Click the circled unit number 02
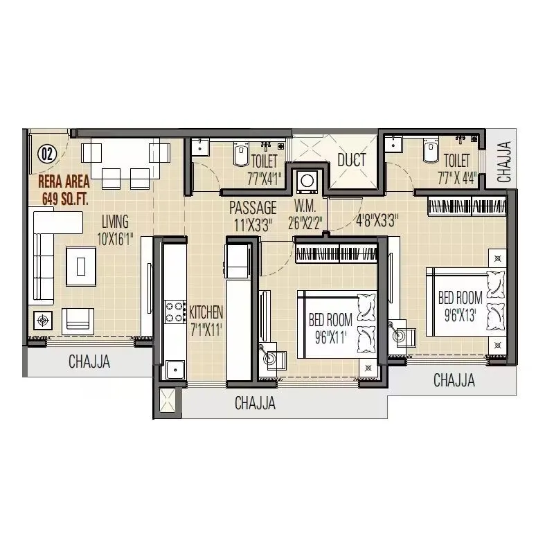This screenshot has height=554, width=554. pos(46,154)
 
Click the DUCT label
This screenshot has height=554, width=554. pos(351,161)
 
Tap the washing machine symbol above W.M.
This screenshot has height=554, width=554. pos(307,181)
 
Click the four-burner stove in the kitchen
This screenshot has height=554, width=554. pos(174,313)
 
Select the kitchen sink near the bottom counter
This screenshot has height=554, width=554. pos(172,369)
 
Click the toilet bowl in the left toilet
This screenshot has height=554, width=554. pos(240,154)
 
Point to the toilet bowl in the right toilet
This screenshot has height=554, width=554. pos(429,152)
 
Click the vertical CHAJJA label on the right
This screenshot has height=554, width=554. pos(505,162)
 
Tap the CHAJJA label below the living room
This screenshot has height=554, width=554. pos(89,361)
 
